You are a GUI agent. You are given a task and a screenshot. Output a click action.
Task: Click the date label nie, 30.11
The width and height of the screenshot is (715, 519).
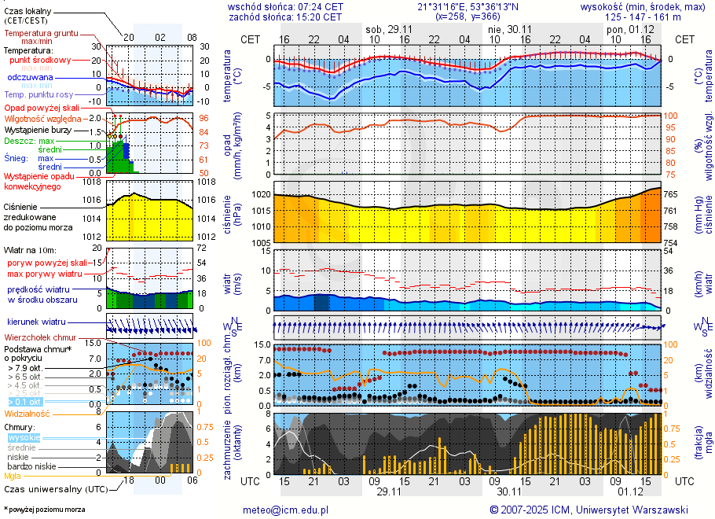point(510,28)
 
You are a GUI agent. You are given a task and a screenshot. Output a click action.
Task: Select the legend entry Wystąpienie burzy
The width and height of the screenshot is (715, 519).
point(38,129)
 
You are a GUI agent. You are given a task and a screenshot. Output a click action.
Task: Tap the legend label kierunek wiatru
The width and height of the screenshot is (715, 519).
point(36,322)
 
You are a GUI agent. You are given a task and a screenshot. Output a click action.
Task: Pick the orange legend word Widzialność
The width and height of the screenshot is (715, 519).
point(27,413)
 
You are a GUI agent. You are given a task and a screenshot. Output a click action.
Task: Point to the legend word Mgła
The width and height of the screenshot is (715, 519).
point(13,476)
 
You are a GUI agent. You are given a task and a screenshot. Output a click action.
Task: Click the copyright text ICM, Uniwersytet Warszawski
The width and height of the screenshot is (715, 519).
point(621,510)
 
